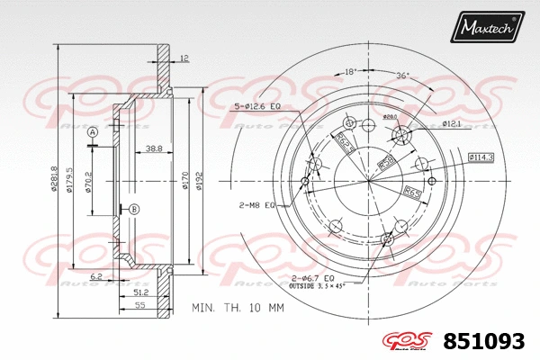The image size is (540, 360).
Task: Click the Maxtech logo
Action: click(487, 27)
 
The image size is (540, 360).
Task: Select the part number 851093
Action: click(484, 341)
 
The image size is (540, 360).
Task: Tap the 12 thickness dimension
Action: click(184, 58)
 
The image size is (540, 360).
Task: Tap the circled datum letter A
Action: click(93, 132)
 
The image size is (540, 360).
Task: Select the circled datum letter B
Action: click(134, 210)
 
